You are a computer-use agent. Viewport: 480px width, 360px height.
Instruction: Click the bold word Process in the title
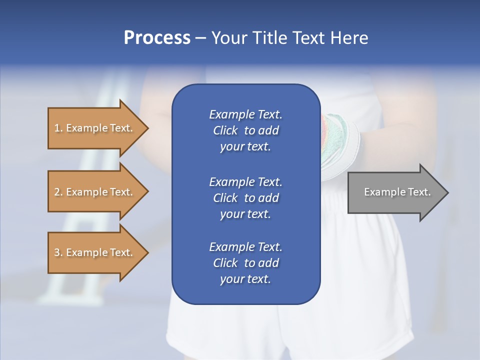[157, 38]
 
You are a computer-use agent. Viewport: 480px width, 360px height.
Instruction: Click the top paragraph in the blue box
[245, 130]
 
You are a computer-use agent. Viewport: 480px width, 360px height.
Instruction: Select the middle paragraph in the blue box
[245, 197]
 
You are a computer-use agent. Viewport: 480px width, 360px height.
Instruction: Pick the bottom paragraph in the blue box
[245, 263]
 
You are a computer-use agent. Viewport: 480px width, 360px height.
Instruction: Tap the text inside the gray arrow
[397, 192]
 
